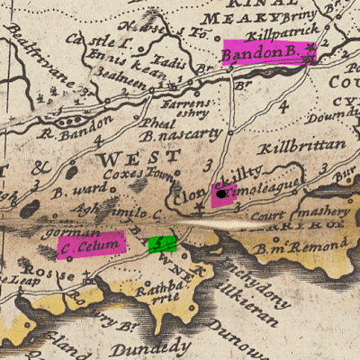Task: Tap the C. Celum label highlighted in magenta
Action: tap(89, 245)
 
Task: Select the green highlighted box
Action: tap(161, 243)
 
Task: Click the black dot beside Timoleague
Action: tap(220, 193)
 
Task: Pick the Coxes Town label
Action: tap(129, 174)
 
